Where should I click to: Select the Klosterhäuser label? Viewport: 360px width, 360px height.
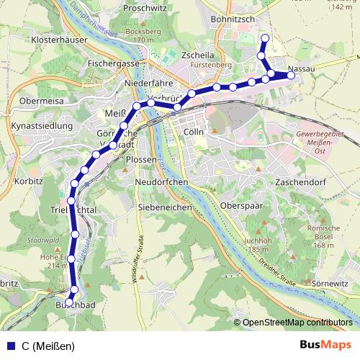(x=49, y=40)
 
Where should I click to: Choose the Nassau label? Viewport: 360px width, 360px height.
(x=299, y=68)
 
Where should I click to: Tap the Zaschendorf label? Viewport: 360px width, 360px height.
(x=302, y=183)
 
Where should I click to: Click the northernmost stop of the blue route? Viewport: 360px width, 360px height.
(x=265, y=38)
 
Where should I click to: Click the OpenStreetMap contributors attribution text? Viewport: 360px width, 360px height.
(x=297, y=323)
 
